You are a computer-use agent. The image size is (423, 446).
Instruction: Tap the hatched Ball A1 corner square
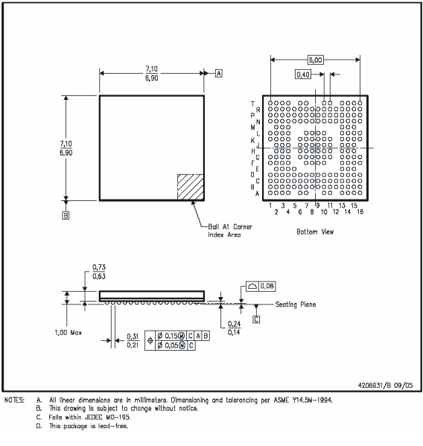coord(190,186)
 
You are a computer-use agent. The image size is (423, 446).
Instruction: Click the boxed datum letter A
coord(219,73)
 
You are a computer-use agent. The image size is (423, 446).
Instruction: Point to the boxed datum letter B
coord(66,216)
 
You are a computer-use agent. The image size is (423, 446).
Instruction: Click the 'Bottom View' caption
coord(316,232)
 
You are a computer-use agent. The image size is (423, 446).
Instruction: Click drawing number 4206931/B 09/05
coord(379,385)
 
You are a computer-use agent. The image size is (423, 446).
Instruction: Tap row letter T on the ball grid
coord(252,103)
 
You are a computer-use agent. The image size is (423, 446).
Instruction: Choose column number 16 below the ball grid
coord(360,212)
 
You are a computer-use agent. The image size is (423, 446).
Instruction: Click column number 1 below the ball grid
coord(270,205)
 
